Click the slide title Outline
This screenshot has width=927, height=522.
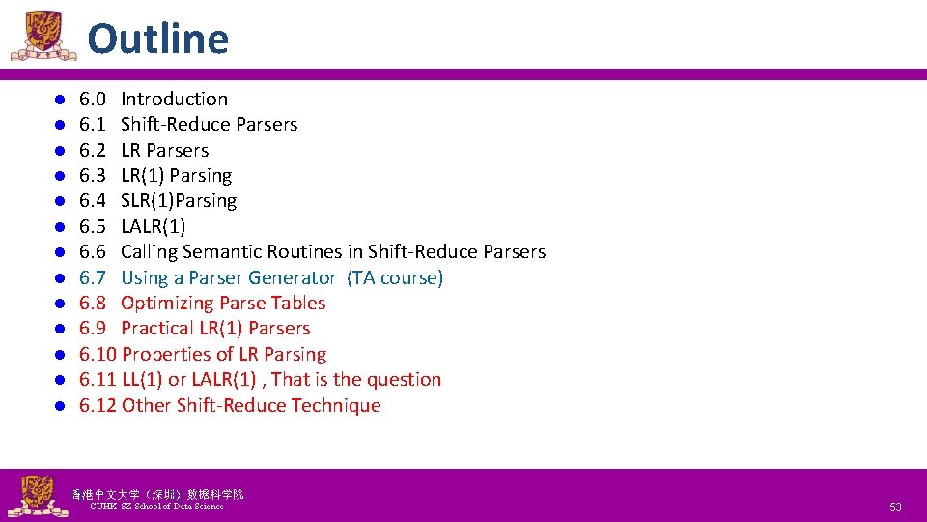pos(157,40)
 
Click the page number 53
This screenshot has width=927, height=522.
pos(895,507)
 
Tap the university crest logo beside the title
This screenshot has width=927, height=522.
pos(42,35)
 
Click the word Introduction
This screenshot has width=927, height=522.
pos(174,99)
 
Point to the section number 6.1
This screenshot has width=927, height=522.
pos(93,124)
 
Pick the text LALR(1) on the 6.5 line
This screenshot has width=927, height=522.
pos(154,226)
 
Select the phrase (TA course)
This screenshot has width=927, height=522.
pos(393,277)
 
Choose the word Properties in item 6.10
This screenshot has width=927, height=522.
pos(168,354)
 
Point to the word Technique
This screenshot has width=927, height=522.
pos(331,405)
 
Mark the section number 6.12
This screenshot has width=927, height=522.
pos(98,405)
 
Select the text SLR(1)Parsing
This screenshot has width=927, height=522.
pos(179,200)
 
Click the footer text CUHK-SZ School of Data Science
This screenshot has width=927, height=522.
pos(155,507)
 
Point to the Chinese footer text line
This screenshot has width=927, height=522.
pos(157,494)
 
